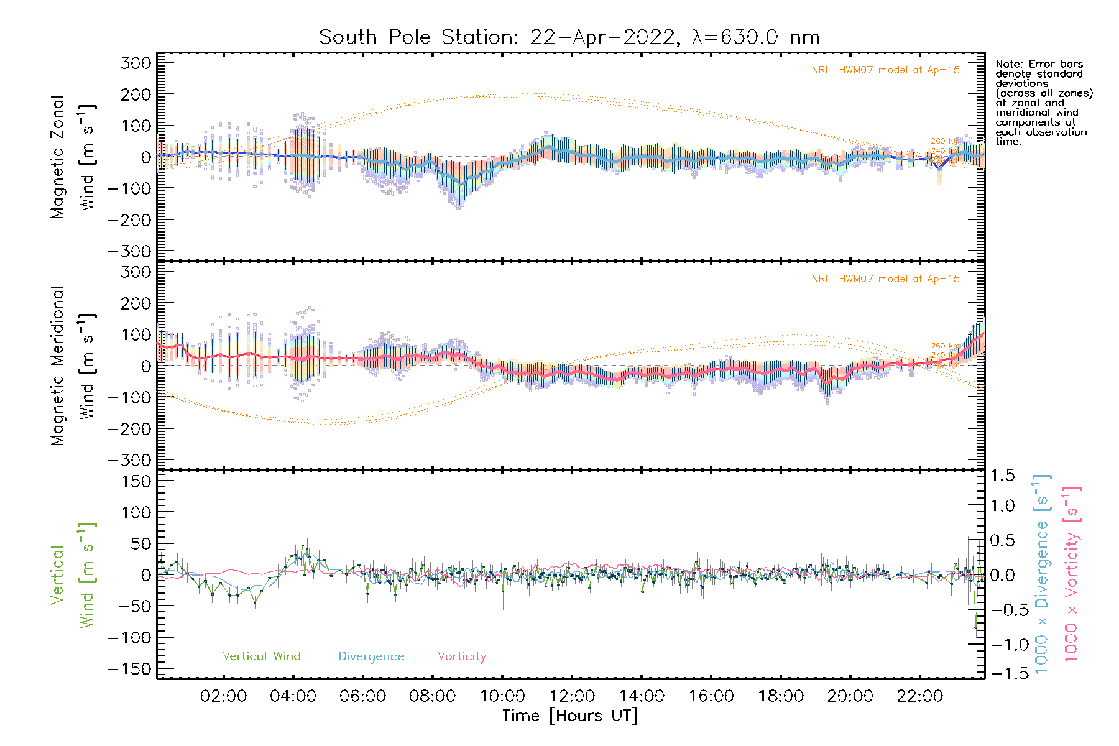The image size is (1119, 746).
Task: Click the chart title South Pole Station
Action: pos(569,37)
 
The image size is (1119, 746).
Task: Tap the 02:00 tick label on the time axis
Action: pos(223,696)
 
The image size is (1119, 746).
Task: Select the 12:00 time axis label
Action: pos(572,696)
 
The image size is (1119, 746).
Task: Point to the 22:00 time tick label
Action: pos(919,696)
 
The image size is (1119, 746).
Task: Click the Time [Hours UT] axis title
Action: pos(570,716)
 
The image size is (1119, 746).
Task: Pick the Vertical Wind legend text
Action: pos(261,656)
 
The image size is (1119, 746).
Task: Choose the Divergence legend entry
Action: pos(371,656)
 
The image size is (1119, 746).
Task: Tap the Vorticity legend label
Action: pos(461,656)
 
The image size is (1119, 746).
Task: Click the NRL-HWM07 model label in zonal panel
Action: pos(885,70)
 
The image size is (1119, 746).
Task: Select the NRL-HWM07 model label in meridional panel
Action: pos(885,279)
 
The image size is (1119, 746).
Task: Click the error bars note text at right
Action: pos(1043,103)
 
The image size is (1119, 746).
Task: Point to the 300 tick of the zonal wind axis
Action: pos(136,63)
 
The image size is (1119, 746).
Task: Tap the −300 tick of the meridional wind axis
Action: pos(129,460)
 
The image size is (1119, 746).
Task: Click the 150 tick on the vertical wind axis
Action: pos(136,481)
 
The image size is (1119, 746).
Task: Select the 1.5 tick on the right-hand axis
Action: pos(1002,476)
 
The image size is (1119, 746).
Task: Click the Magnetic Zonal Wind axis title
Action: pos(72,157)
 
